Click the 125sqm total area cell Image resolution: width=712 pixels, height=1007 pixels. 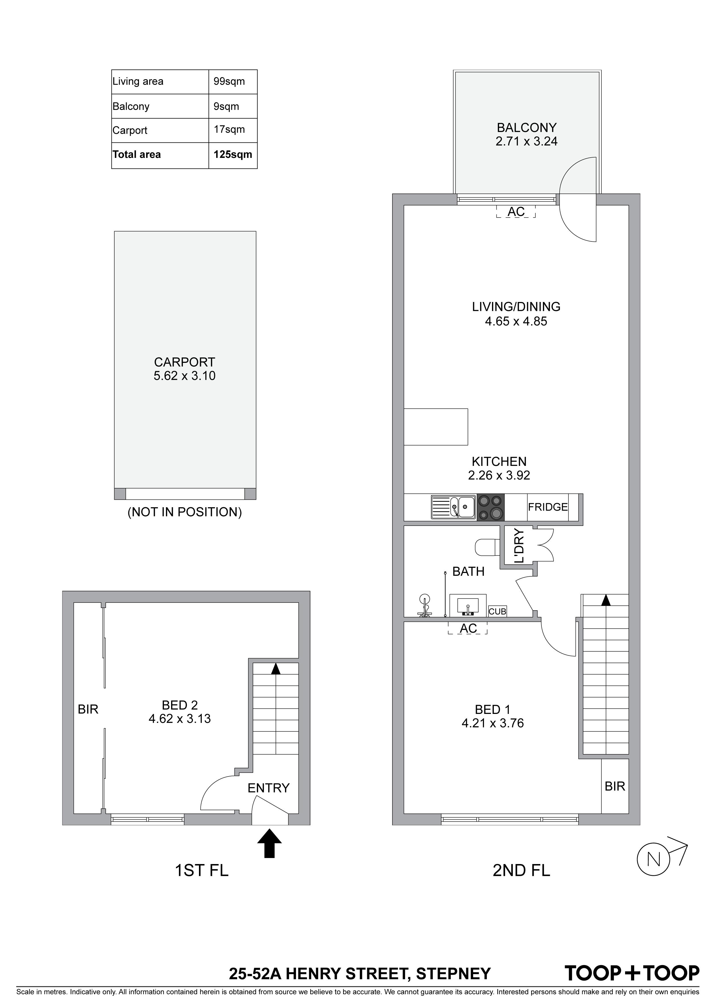point(233,154)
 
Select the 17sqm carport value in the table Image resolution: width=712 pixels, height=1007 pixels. point(229,129)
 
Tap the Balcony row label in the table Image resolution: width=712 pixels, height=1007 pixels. point(131,106)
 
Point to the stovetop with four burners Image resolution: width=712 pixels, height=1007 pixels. point(490,508)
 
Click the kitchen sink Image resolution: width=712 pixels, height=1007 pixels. point(453,508)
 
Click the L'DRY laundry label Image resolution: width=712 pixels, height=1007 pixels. point(519,546)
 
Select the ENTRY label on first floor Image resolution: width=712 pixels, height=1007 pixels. point(268,788)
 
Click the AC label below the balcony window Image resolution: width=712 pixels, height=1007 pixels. point(516,212)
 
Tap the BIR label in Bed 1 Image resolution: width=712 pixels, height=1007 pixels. point(615,786)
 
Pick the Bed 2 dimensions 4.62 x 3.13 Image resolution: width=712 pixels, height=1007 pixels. point(180,719)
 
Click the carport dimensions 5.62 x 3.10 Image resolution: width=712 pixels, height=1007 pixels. point(184,376)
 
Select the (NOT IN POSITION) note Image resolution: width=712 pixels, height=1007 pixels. point(184,512)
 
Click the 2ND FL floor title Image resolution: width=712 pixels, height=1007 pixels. point(521,870)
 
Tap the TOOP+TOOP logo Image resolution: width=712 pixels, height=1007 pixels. point(632,973)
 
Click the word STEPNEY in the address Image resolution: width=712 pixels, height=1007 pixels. point(453,974)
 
